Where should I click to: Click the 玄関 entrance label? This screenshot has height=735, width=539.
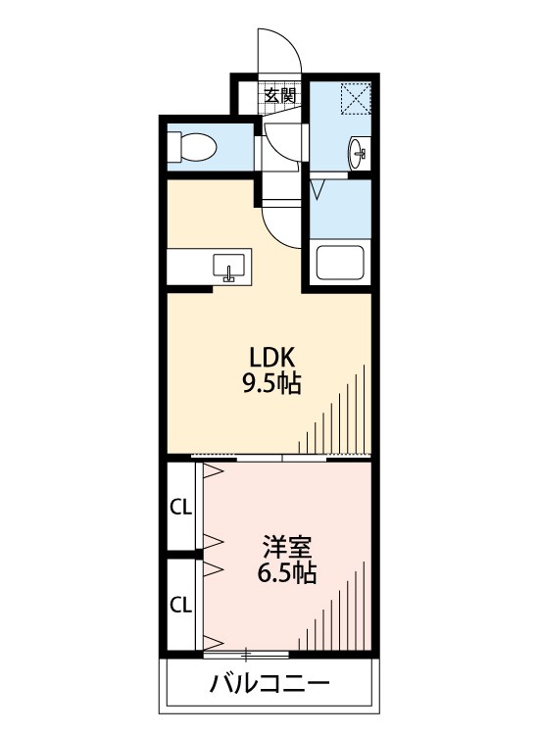(x=280, y=96)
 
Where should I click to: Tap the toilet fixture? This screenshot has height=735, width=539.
(x=192, y=147)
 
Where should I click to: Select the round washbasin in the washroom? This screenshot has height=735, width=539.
(x=357, y=153)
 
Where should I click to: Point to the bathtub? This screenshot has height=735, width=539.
(x=340, y=263)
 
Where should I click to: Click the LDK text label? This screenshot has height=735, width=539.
(x=271, y=358)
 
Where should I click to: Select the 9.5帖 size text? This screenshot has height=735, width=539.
(x=271, y=383)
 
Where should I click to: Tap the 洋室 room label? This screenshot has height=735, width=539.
(x=287, y=546)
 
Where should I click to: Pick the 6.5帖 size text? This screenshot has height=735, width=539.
(x=287, y=572)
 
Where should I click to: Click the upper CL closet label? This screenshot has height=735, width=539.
(x=181, y=507)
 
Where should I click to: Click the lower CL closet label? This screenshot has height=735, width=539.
(x=181, y=606)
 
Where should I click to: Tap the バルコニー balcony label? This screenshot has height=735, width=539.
(x=269, y=684)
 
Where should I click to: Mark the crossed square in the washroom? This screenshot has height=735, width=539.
(x=356, y=98)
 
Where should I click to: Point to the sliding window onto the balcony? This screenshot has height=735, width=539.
(x=247, y=654)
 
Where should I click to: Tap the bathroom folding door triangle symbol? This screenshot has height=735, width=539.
(x=318, y=190)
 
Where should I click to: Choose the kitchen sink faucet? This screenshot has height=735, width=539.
(x=228, y=274)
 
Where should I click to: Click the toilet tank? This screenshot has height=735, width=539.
(x=174, y=147)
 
